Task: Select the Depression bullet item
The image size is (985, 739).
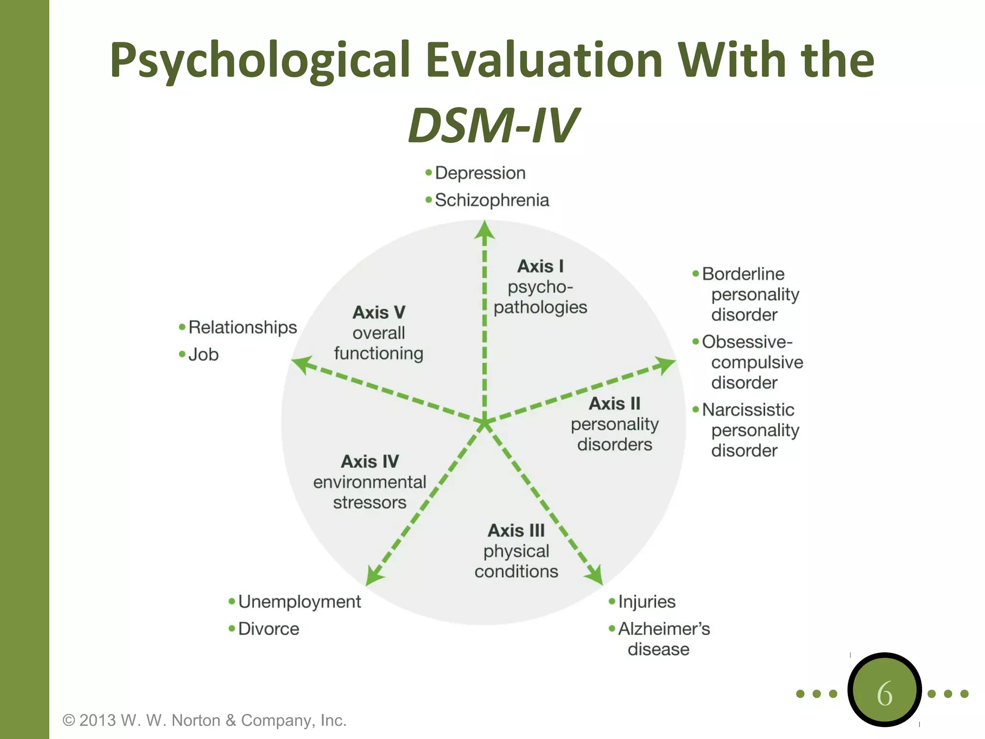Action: (x=480, y=173)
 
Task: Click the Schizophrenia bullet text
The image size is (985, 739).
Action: (x=491, y=200)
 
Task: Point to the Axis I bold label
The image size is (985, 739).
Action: (x=540, y=266)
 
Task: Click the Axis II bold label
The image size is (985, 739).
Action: (x=614, y=403)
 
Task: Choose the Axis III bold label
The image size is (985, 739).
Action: (x=516, y=530)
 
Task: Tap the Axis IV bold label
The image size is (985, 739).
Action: (x=369, y=461)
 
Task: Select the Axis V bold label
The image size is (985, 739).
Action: (x=379, y=312)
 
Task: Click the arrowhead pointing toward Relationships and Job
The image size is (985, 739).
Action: (x=302, y=364)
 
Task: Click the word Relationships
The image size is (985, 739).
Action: (x=242, y=327)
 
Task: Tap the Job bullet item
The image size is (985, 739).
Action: (x=203, y=355)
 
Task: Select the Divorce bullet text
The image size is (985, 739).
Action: (x=268, y=629)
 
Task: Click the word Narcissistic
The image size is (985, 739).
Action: (x=748, y=410)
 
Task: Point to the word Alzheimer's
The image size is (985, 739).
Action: (x=664, y=629)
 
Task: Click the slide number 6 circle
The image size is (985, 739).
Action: (x=884, y=690)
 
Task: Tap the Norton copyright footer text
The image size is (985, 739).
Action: (x=204, y=720)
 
